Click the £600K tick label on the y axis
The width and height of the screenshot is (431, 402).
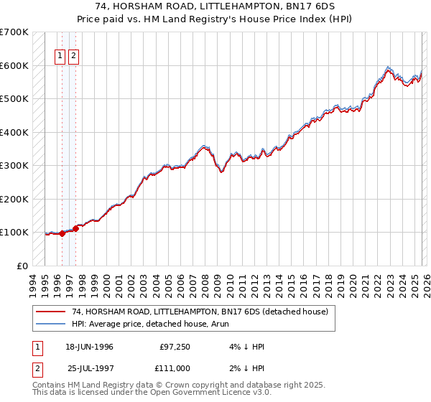click(14, 65)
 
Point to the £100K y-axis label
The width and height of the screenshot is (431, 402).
click(14, 232)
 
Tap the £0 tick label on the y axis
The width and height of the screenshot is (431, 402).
click(22, 266)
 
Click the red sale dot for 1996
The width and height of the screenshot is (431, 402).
click(62, 233)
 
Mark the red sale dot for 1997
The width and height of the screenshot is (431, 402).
click(76, 228)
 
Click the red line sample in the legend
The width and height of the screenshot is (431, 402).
click(51, 312)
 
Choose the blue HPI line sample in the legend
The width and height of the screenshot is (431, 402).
click(51, 323)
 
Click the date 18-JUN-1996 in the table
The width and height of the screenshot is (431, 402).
click(89, 347)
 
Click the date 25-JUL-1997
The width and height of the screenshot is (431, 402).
click(89, 368)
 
